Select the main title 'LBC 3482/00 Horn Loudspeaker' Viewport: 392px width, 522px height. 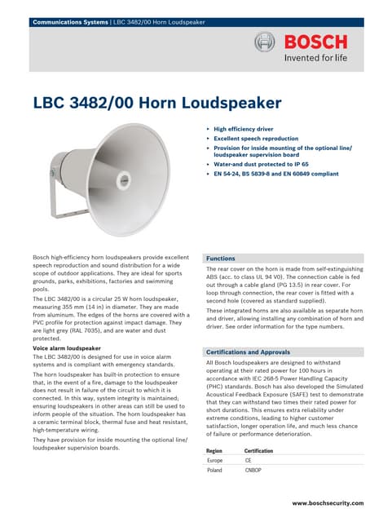pos(157,103)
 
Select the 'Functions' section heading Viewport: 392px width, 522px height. pos(221,258)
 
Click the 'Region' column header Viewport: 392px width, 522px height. pos(214,450)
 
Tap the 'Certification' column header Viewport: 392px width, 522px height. pos(259,450)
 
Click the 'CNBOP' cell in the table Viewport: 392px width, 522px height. pos(253,471)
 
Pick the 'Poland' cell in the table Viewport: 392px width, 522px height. pos(215,471)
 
